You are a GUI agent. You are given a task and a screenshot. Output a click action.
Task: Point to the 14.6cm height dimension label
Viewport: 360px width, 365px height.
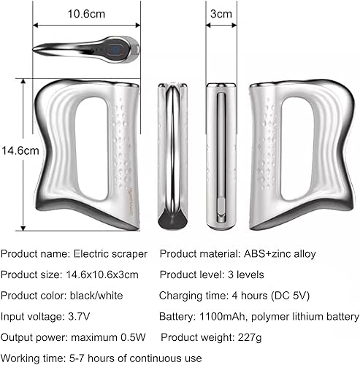(x=16, y=150)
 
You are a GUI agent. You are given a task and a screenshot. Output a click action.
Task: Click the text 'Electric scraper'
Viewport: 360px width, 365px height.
(x=110, y=254)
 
